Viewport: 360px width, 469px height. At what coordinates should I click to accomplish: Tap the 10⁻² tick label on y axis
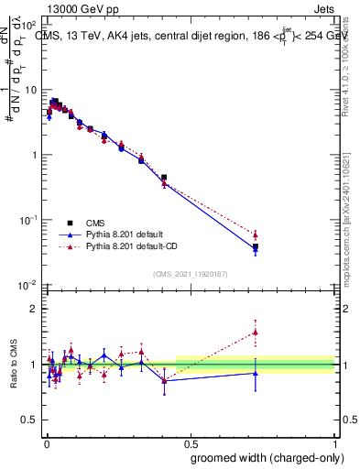click(x=28, y=286)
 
